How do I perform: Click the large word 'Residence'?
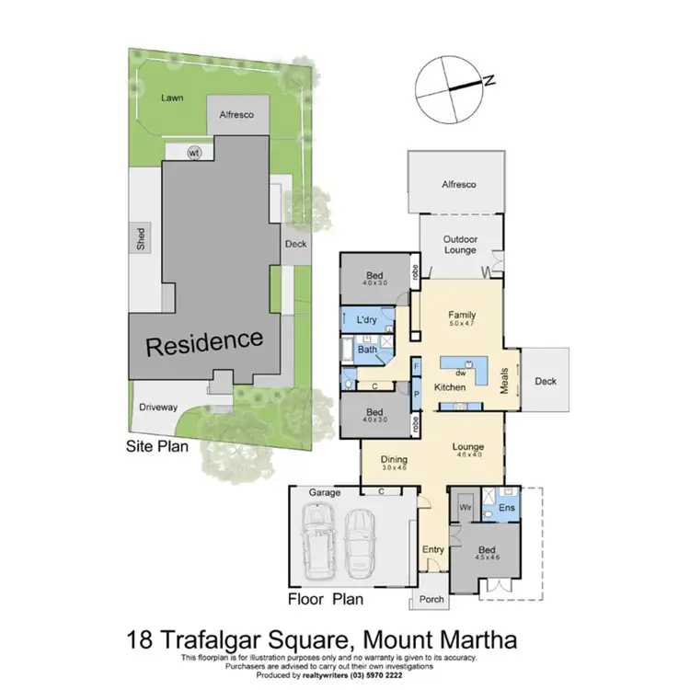[205, 342]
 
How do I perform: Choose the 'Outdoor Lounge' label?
[460, 246]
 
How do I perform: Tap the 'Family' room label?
[460, 314]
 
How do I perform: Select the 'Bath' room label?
[367, 350]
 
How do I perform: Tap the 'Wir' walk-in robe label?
[465, 506]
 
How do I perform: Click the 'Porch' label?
[431, 599]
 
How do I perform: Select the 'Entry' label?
[433, 550]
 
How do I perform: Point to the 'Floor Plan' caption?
[327, 600]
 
